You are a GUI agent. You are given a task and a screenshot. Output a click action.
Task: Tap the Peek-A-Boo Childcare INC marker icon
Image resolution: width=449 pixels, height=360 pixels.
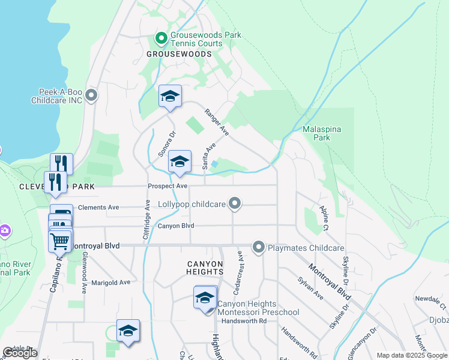(91, 95)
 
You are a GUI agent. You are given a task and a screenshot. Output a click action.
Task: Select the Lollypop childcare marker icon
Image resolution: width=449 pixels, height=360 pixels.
(235, 205)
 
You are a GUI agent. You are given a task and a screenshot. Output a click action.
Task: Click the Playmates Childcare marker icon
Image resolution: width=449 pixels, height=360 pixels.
(259, 247)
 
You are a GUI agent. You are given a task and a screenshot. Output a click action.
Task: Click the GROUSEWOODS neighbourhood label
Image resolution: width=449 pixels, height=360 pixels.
(179, 54)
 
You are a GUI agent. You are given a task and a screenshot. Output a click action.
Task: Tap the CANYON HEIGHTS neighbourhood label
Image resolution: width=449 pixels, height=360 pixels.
(205, 268)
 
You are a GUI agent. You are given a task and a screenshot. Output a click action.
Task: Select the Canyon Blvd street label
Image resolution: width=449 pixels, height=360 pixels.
(176, 226)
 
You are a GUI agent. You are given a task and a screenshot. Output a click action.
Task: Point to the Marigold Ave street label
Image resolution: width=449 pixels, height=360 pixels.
(110, 282)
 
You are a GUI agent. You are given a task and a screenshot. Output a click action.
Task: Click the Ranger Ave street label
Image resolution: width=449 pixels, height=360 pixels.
(217, 121)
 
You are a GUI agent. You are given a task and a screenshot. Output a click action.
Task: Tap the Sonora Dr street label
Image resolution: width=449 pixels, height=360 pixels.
(165, 143)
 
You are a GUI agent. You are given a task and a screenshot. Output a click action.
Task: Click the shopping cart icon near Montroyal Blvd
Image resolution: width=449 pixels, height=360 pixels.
(60, 241)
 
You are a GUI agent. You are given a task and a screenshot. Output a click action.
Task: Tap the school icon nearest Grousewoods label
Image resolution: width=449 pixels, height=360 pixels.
(170, 96)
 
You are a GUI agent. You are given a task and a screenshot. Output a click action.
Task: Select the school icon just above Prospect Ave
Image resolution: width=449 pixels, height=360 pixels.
(179, 162)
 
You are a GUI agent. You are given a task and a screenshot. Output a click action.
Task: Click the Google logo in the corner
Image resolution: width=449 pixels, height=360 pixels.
(20, 353)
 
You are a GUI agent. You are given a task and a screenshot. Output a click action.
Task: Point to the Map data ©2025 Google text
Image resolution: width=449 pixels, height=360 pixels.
(411, 355)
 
